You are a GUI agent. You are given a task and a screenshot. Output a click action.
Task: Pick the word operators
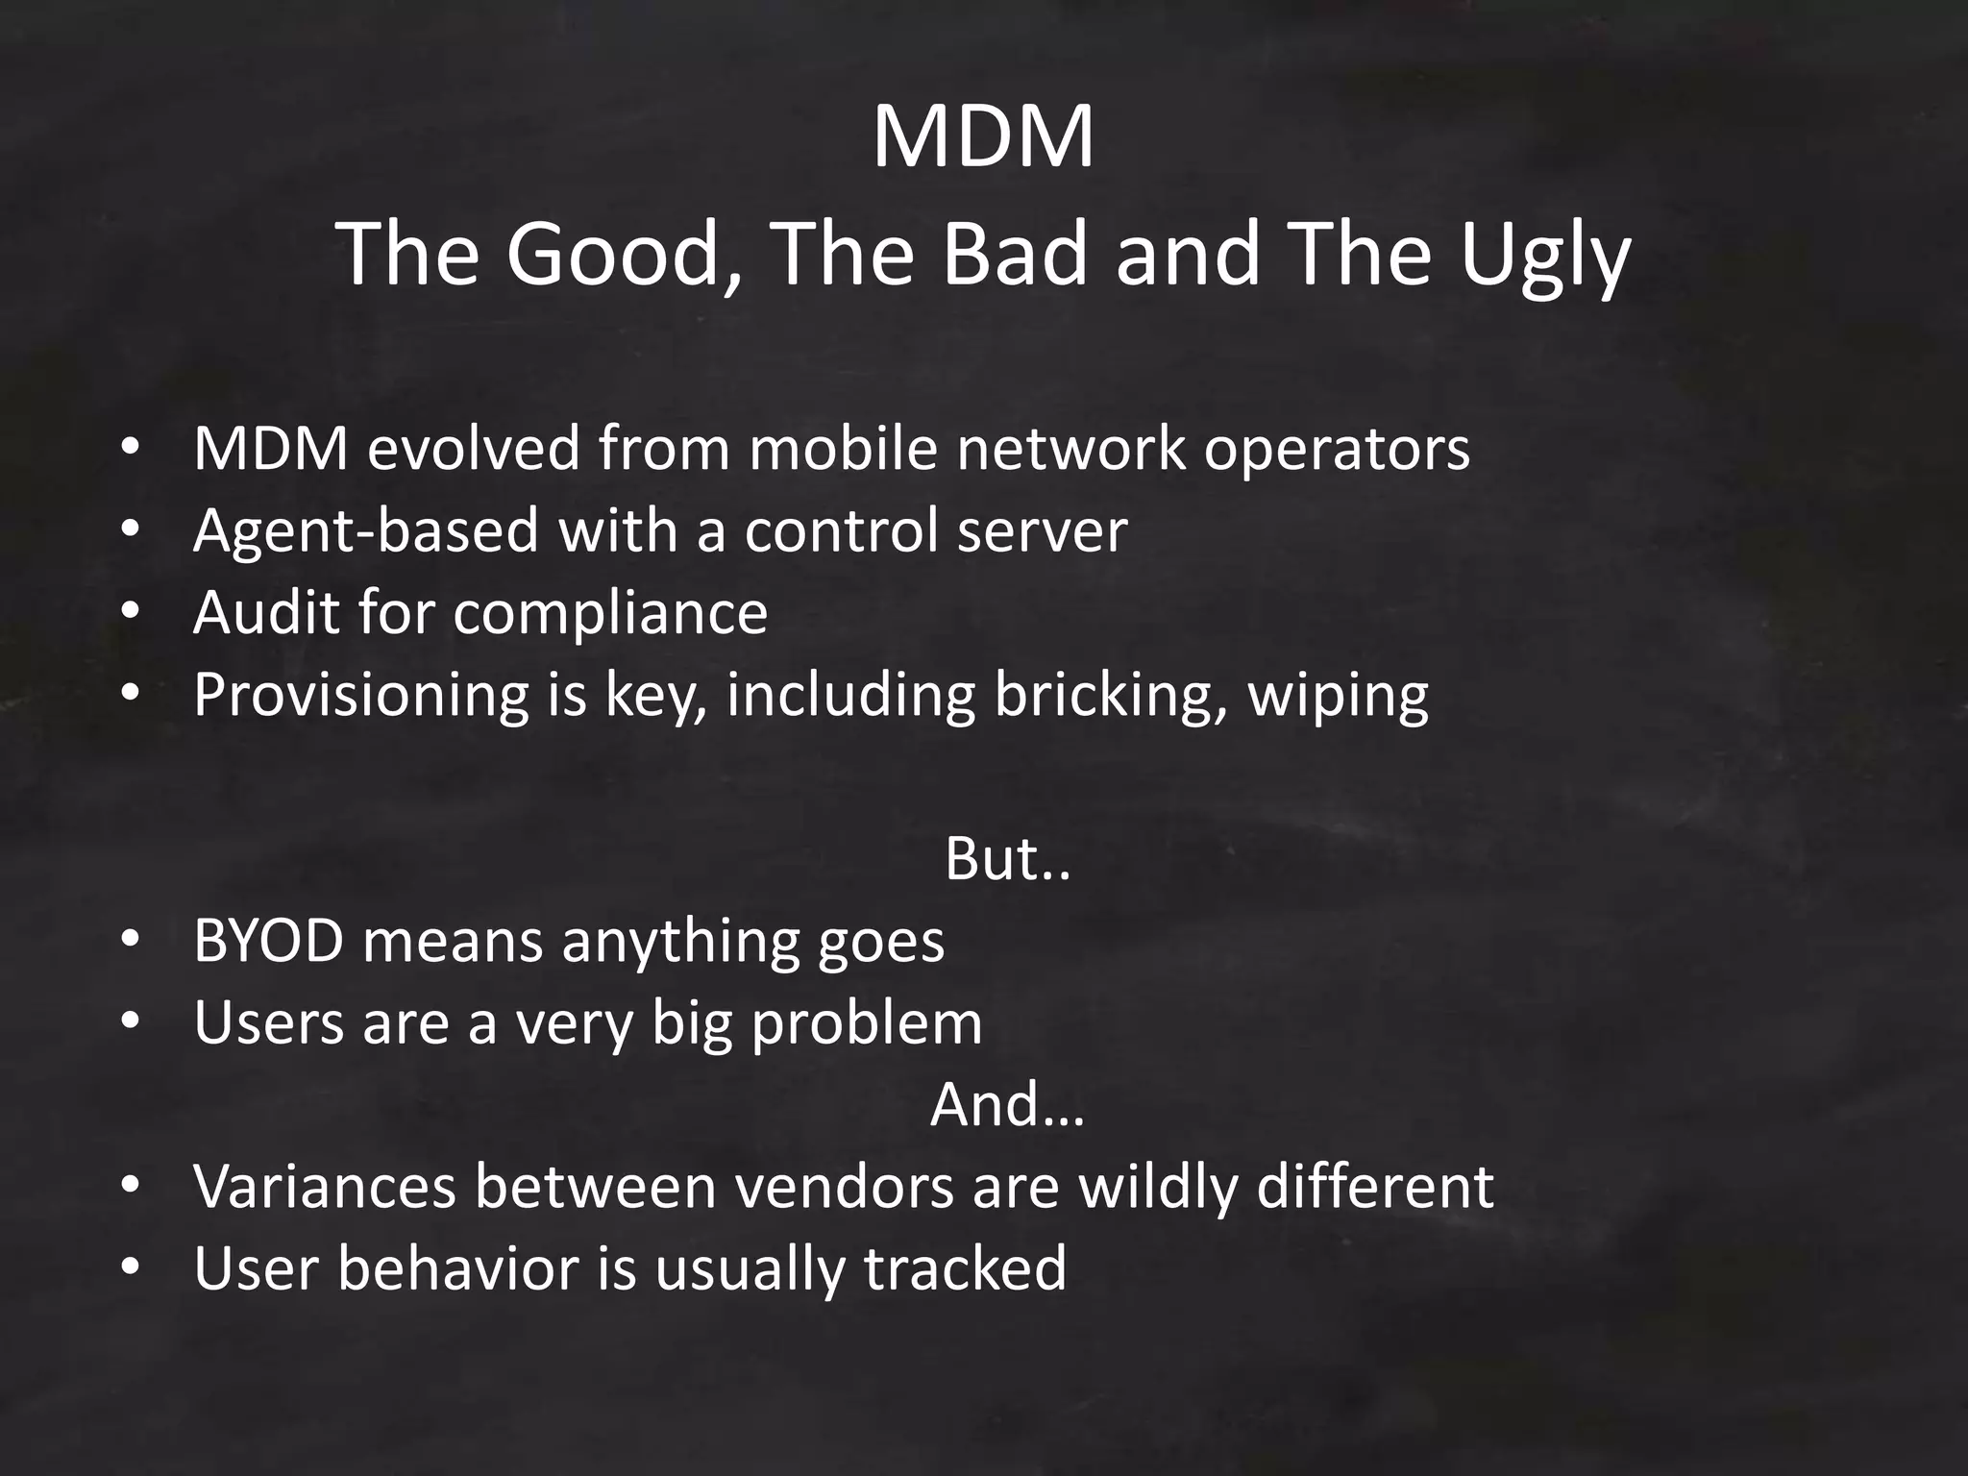pyautogui.click(x=1337, y=450)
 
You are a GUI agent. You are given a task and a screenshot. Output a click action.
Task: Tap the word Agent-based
pyautogui.click(x=365, y=530)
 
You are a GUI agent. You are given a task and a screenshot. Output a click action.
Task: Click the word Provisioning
pyautogui.click(x=361, y=694)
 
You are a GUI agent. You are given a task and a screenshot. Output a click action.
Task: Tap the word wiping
pyautogui.click(x=1338, y=694)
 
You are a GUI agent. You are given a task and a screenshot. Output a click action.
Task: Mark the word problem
pyautogui.click(x=867, y=1023)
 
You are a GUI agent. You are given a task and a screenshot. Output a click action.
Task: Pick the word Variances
pyautogui.click(x=325, y=1186)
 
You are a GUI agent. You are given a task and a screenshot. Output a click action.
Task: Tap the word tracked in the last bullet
pyautogui.click(x=965, y=1267)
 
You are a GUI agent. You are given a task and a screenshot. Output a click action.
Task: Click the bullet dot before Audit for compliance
pyautogui.click(x=131, y=612)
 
